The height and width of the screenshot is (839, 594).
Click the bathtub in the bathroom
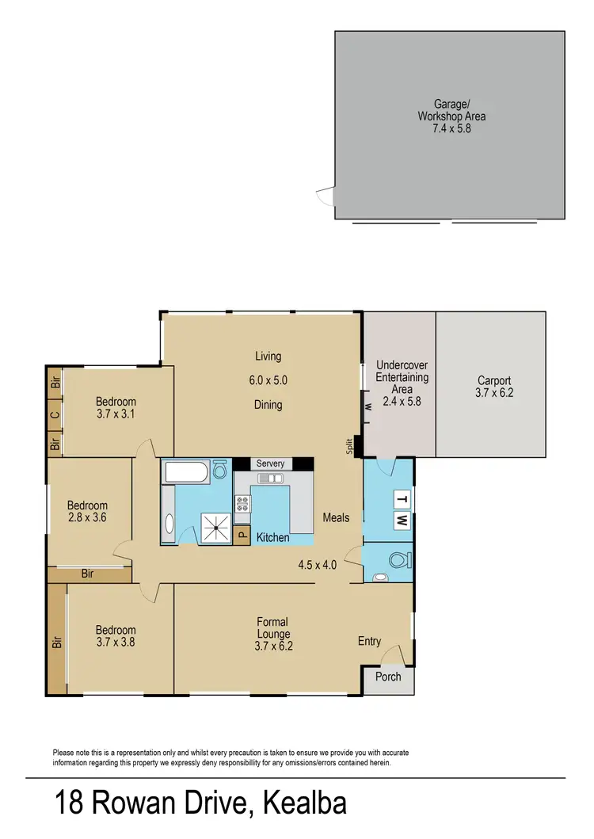pos(185,473)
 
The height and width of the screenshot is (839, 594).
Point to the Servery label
pos(270,463)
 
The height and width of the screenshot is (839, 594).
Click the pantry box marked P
pos(242,536)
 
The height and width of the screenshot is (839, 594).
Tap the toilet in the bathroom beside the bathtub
pos(219,472)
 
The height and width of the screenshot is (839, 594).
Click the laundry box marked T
pos(402,499)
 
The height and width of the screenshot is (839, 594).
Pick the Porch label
pos(388,677)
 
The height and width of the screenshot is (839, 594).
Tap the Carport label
pos(494,380)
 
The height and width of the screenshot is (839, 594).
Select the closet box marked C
pos(55,414)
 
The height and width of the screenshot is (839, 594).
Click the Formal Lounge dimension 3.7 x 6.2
pos(274,646)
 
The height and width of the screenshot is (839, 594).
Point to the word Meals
pos(336,518)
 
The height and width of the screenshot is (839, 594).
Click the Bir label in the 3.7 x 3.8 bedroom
pos(57,643)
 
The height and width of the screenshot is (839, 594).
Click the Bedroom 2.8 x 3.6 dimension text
pos(86,518)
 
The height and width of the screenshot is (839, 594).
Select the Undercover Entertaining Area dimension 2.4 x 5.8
pos(402,402)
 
